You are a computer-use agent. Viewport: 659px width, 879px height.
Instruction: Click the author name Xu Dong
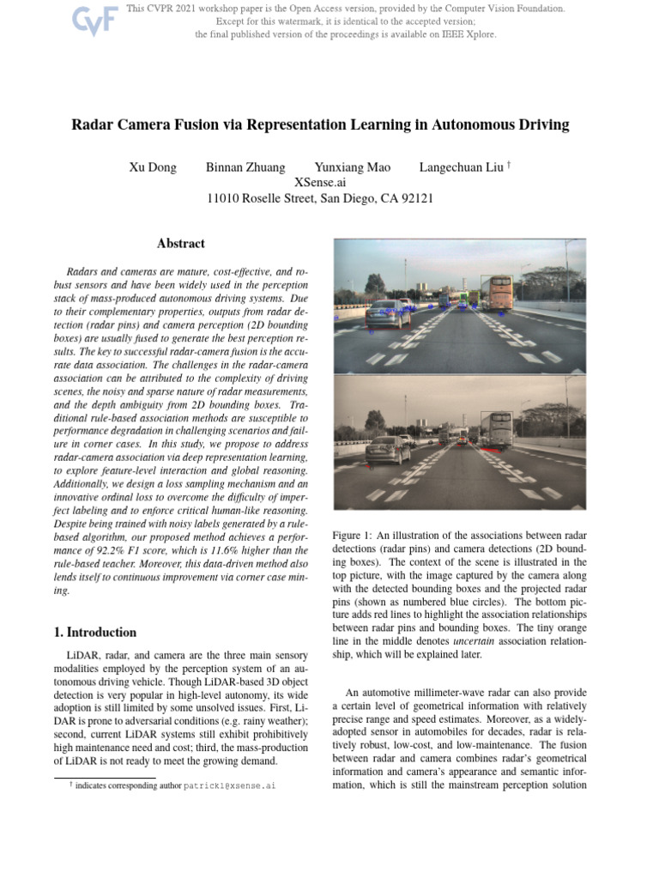[153, 167]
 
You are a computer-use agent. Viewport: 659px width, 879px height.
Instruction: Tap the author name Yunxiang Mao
[352, 167]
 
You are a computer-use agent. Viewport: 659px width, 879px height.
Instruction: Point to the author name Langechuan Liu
[460, 167]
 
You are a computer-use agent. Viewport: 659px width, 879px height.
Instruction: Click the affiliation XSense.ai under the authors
[320, 183]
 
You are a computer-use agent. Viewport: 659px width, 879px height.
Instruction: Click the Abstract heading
[180, 245]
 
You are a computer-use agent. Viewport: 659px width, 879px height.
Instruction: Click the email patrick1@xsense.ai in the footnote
[229, 785]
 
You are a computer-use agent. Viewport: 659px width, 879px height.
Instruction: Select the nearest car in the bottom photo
[388, 449]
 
